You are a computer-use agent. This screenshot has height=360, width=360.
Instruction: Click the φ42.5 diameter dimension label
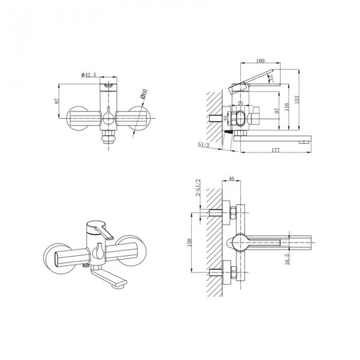(88, 76)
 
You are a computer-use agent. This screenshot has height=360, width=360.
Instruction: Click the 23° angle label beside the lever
(271, 79)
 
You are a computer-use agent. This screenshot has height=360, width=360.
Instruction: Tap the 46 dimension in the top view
(231, 179)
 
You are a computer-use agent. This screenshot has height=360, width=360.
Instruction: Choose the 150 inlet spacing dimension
(190, 242)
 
